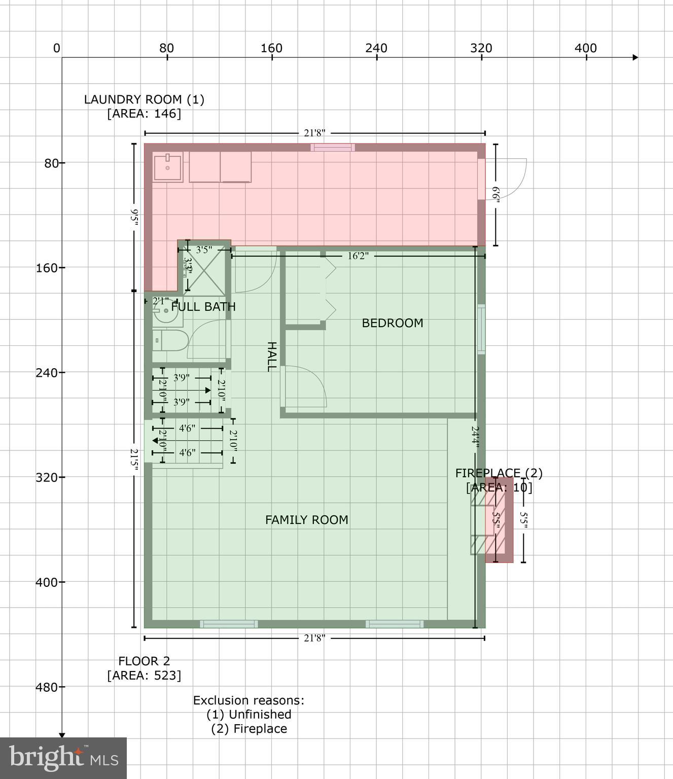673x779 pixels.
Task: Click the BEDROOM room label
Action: click(392, 323)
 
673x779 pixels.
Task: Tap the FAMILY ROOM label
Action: click(306, 520)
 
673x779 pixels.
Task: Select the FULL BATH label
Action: click(203, 307)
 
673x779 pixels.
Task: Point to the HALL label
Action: click(272, 357)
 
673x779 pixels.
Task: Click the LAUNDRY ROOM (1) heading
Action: click(144, 99)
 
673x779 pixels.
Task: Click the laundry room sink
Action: click(168, 167)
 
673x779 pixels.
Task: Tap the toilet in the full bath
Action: click(170, 340)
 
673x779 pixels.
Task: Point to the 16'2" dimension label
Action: click(358, 256)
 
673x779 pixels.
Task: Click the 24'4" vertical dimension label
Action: click(475, 435)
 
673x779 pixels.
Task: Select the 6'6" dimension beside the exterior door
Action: click(495, 195)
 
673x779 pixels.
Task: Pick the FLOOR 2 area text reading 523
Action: click(144, 676)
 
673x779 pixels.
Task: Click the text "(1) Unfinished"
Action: click(249, 715)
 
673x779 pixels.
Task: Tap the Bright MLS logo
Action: click(63, 758)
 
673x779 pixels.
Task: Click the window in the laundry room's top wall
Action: click(333, 148)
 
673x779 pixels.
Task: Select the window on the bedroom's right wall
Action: click(481, 329)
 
